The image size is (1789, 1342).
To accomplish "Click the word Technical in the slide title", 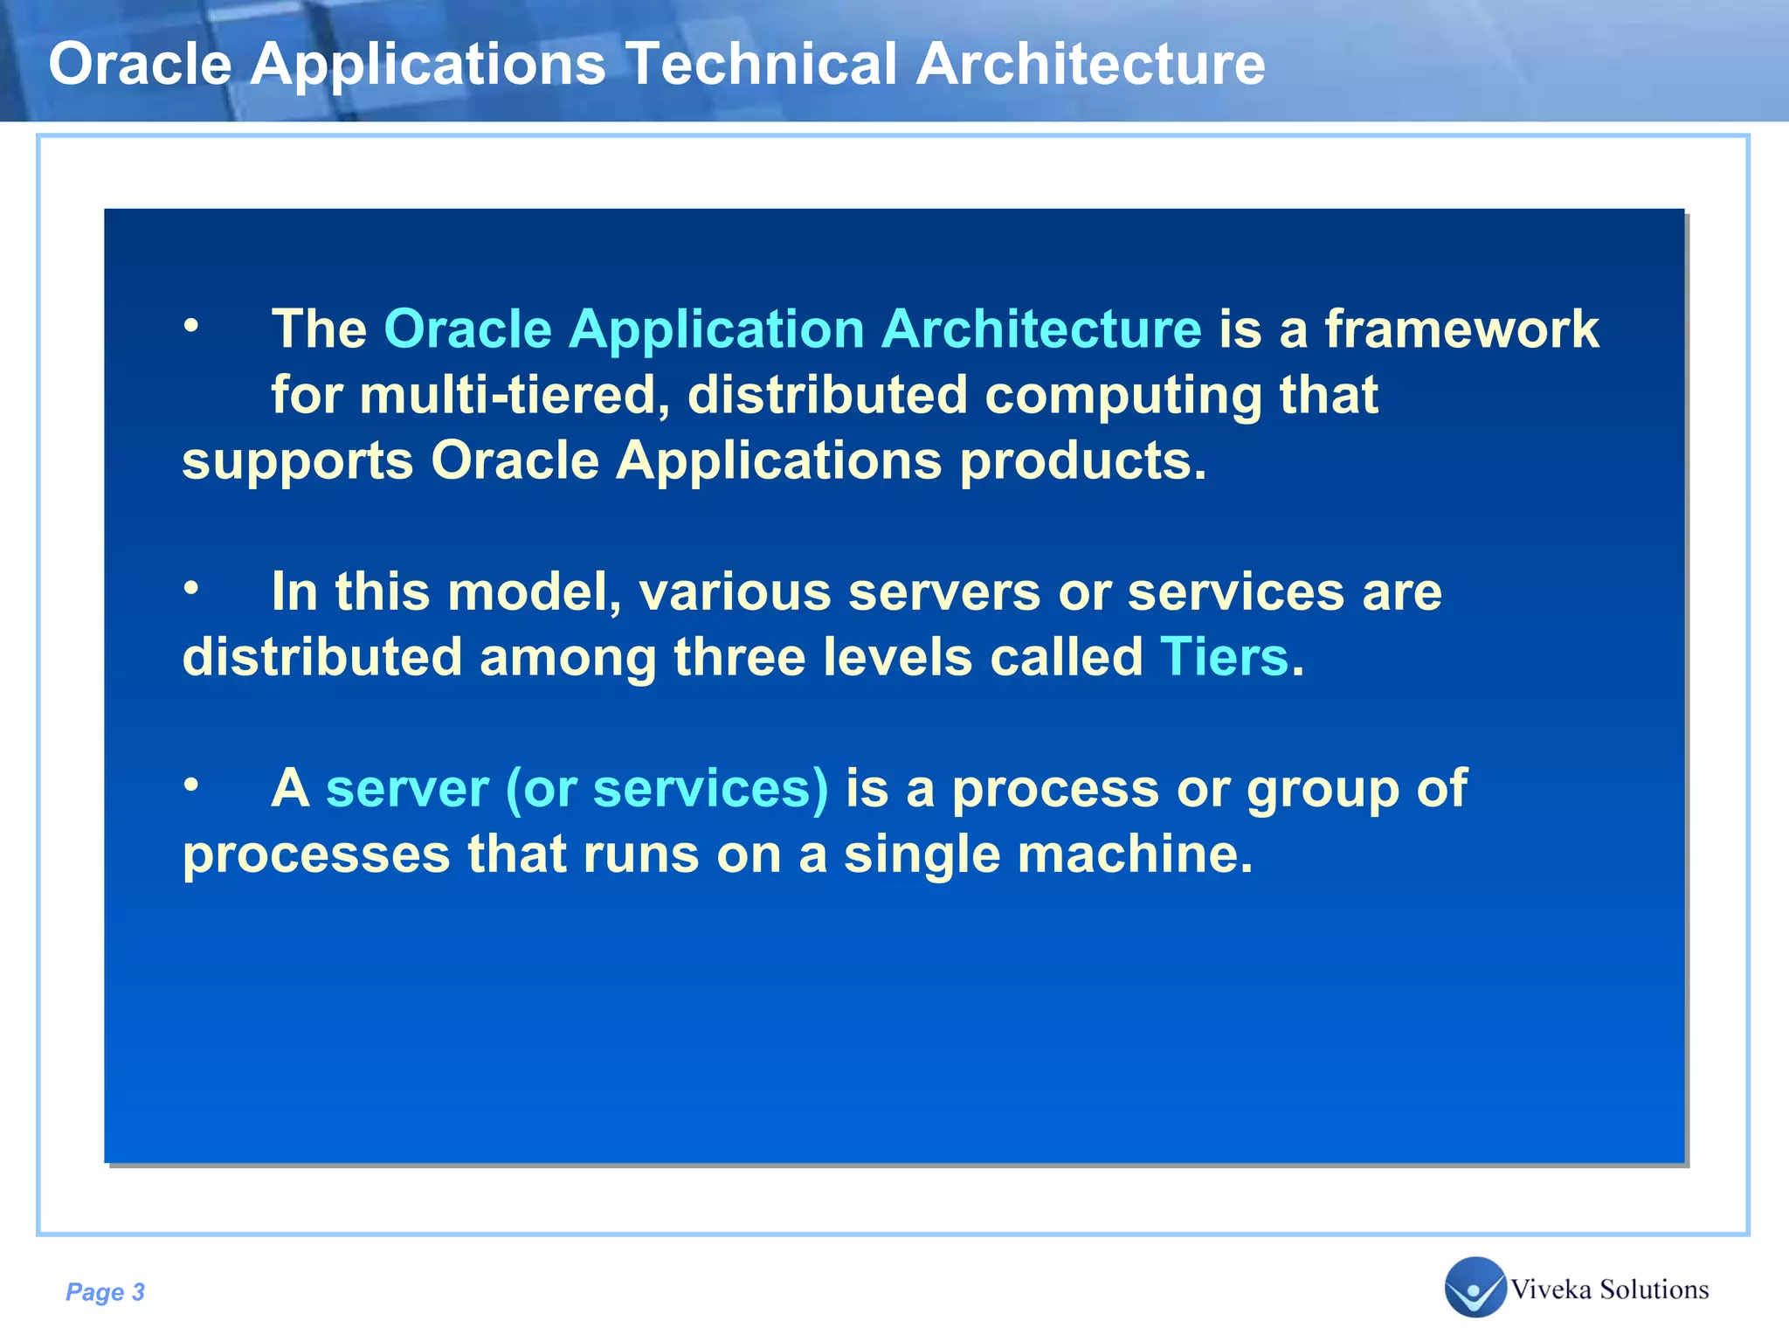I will (x=761, y=64).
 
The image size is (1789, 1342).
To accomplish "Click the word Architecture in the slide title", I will (x=1090, y=64).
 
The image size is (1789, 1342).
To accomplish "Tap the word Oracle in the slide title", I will (x=140, y=64).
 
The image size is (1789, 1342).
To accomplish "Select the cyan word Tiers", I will (x=1224, y=657).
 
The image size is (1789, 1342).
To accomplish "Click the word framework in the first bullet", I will (x=1461, y=329).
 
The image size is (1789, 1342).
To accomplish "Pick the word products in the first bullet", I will (x=1082, y=462).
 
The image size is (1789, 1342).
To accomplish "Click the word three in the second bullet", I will (x=739, y=657).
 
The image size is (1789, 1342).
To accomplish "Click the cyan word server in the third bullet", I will (x=407, y=789).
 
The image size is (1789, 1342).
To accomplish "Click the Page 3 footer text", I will (x=105, y=1292).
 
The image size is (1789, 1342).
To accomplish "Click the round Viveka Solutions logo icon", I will (x=1475, y=1286).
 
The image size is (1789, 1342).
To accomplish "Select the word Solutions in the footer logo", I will (x=1654, y=1290).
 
